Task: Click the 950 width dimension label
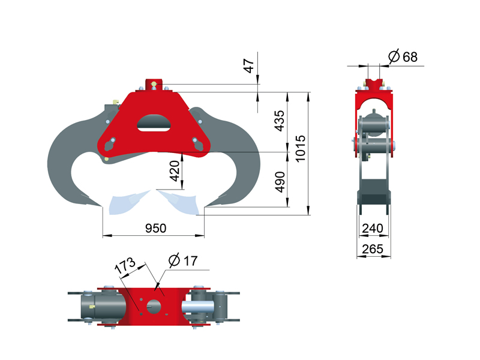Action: tap(155, 229)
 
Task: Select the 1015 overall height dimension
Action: tap(301, 148)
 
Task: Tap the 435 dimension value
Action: tap(279, 121)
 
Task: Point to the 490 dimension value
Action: tap(280, 182)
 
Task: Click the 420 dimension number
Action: tap(175, 171)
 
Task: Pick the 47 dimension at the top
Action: tap(249, 66)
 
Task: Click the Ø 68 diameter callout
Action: tap(403, 56)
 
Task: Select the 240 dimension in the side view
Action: tap(373, 229)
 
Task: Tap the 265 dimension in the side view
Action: tap(373, 249)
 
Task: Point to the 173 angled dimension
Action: tap(125, 265)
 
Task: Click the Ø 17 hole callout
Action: tap(183, 260)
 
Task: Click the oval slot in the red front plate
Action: tap(154, 123)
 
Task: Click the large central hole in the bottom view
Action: tap(154, 306)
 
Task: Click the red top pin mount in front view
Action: tap(154, 85)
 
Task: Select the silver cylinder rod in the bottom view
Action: tap(198, 307)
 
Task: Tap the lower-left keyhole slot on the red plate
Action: tap(110, 144)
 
